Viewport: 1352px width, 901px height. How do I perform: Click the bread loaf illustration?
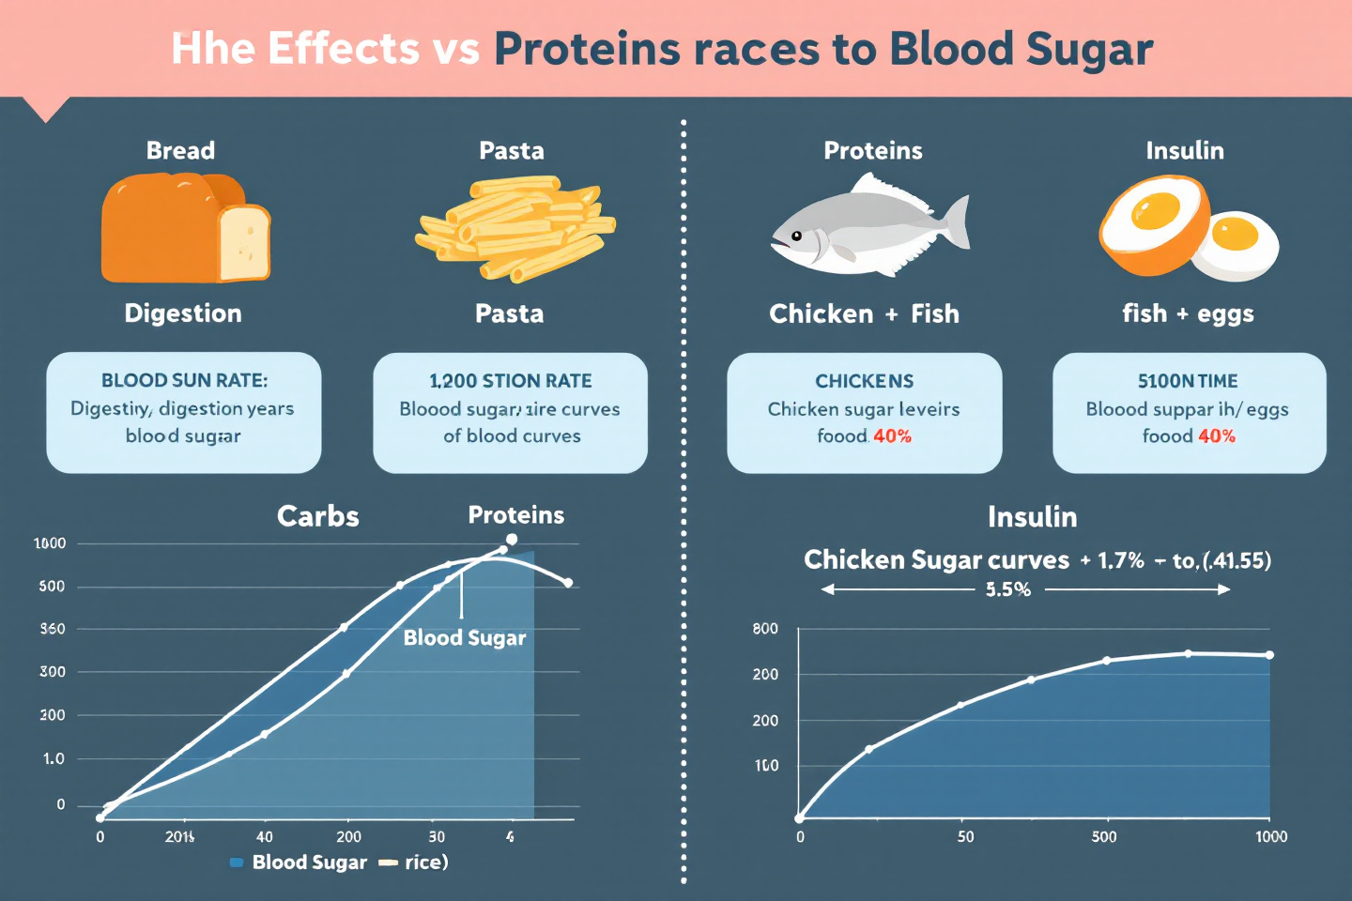(184, 228)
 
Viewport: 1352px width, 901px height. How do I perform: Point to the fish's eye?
(796, 236)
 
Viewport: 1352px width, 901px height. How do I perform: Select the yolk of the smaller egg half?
(1235, 233)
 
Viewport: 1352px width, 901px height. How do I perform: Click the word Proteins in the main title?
(586, 49)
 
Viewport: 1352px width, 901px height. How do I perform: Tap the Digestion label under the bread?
(183, 313)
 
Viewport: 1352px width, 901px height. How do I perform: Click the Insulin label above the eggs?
(1184, 150)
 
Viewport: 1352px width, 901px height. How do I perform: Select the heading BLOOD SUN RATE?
(184, 380)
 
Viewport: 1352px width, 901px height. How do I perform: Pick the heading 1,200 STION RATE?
(510, 381)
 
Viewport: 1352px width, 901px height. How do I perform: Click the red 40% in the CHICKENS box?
(892, 436)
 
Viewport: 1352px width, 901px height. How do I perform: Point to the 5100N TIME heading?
(1188, 381)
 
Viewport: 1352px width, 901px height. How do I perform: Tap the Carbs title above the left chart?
(317, 516)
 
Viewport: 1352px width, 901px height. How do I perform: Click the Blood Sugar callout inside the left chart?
(464, 638)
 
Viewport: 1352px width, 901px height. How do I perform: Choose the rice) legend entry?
(425, 863)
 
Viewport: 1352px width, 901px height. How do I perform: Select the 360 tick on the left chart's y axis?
(53, 629)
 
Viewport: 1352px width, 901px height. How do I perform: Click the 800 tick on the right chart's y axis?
(765, 629)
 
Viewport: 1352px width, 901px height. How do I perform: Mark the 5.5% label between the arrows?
(1008, 589)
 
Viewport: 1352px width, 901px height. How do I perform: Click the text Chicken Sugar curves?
(936, 560)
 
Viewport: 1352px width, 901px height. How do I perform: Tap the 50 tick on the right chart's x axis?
(965, 836)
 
